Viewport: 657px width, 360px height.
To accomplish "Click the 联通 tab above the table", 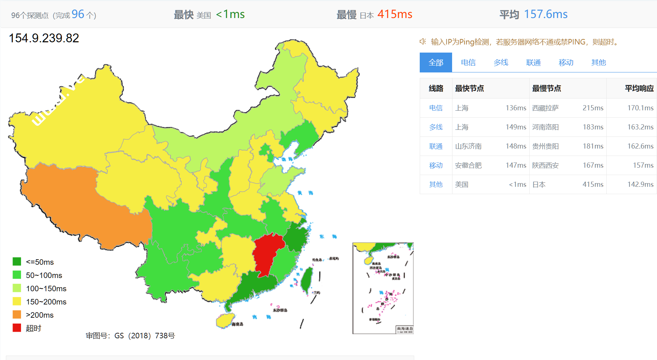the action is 533,63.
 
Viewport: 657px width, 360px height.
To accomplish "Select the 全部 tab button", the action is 436,63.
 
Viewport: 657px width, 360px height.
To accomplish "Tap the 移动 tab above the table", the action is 566,63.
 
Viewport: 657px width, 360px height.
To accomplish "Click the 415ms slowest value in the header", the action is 394,14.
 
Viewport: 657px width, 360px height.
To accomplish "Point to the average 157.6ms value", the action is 545,14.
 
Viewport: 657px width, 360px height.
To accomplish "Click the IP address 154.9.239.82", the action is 44,38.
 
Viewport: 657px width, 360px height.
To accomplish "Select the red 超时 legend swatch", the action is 17,328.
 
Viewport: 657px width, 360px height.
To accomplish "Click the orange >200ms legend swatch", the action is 17,314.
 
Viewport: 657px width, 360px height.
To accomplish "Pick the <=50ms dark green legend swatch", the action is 17,261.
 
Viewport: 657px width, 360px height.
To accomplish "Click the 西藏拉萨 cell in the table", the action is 545,108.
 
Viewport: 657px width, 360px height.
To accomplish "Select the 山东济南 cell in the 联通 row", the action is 468,146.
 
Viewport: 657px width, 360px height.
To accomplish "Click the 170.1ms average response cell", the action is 640,108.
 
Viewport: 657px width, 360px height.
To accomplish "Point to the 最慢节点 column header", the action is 546,88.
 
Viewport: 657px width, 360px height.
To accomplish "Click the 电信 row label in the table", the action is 436,108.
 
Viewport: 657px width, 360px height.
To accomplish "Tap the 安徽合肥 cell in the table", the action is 468,165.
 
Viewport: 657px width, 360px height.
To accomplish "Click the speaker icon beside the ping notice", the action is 423,42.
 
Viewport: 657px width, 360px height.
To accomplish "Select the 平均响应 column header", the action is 639,88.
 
